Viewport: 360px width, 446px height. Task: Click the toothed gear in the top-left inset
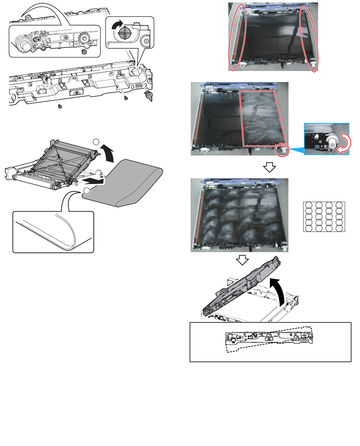pos(85,38)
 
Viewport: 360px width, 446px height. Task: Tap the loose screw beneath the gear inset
pos(84,51)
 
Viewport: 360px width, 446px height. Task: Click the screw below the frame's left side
pos(60,106)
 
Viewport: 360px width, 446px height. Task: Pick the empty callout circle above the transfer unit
pos(96,142)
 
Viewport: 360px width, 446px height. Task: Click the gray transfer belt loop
pos(128,185)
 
